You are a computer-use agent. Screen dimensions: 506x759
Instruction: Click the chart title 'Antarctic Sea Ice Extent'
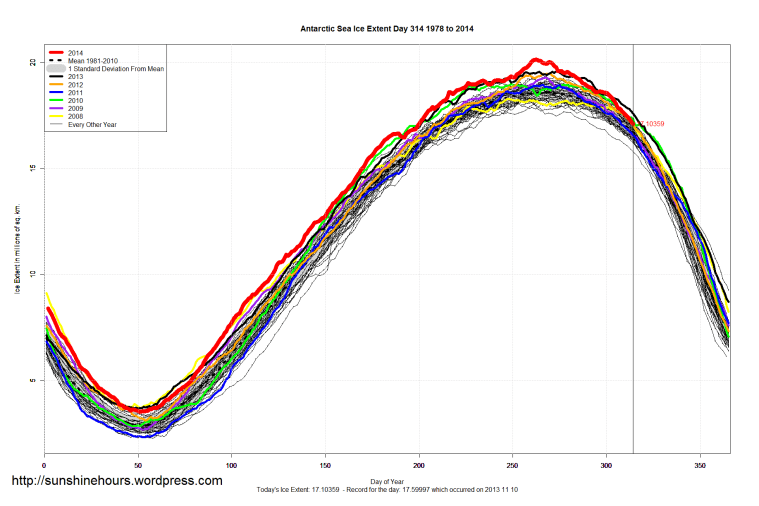pos(387,29)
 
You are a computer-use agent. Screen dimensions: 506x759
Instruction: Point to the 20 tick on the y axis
pos(32,62)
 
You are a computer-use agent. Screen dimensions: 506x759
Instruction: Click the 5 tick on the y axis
pos(33,381)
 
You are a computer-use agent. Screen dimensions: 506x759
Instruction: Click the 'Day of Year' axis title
pos(387,482)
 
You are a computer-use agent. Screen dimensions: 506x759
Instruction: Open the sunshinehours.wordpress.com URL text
pos(116,481)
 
